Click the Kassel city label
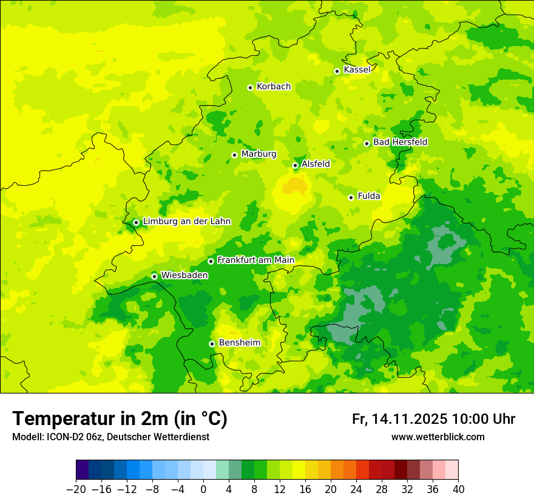tap(357, 70)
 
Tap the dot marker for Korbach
tap(250, 87)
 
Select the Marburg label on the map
tap(259, 154)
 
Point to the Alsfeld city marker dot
tap(295, 165)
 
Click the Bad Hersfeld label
tap(400, 142)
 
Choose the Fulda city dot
tap(351, 197)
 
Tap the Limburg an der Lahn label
tap(186, 222)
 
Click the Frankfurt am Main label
tap(255, 261)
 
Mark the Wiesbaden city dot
tap(154, 276)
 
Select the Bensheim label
tap(239, 343)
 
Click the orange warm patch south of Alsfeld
tap(295, 185)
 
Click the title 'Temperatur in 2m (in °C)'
tap(120, 419)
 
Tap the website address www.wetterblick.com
tap(438, 437)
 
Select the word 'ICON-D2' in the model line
tap(60, 437)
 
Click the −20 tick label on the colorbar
tap(76, 489)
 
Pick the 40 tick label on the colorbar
tap(458, 489)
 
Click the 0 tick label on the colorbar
tap(203, 489)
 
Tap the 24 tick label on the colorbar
tap(356, 489)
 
